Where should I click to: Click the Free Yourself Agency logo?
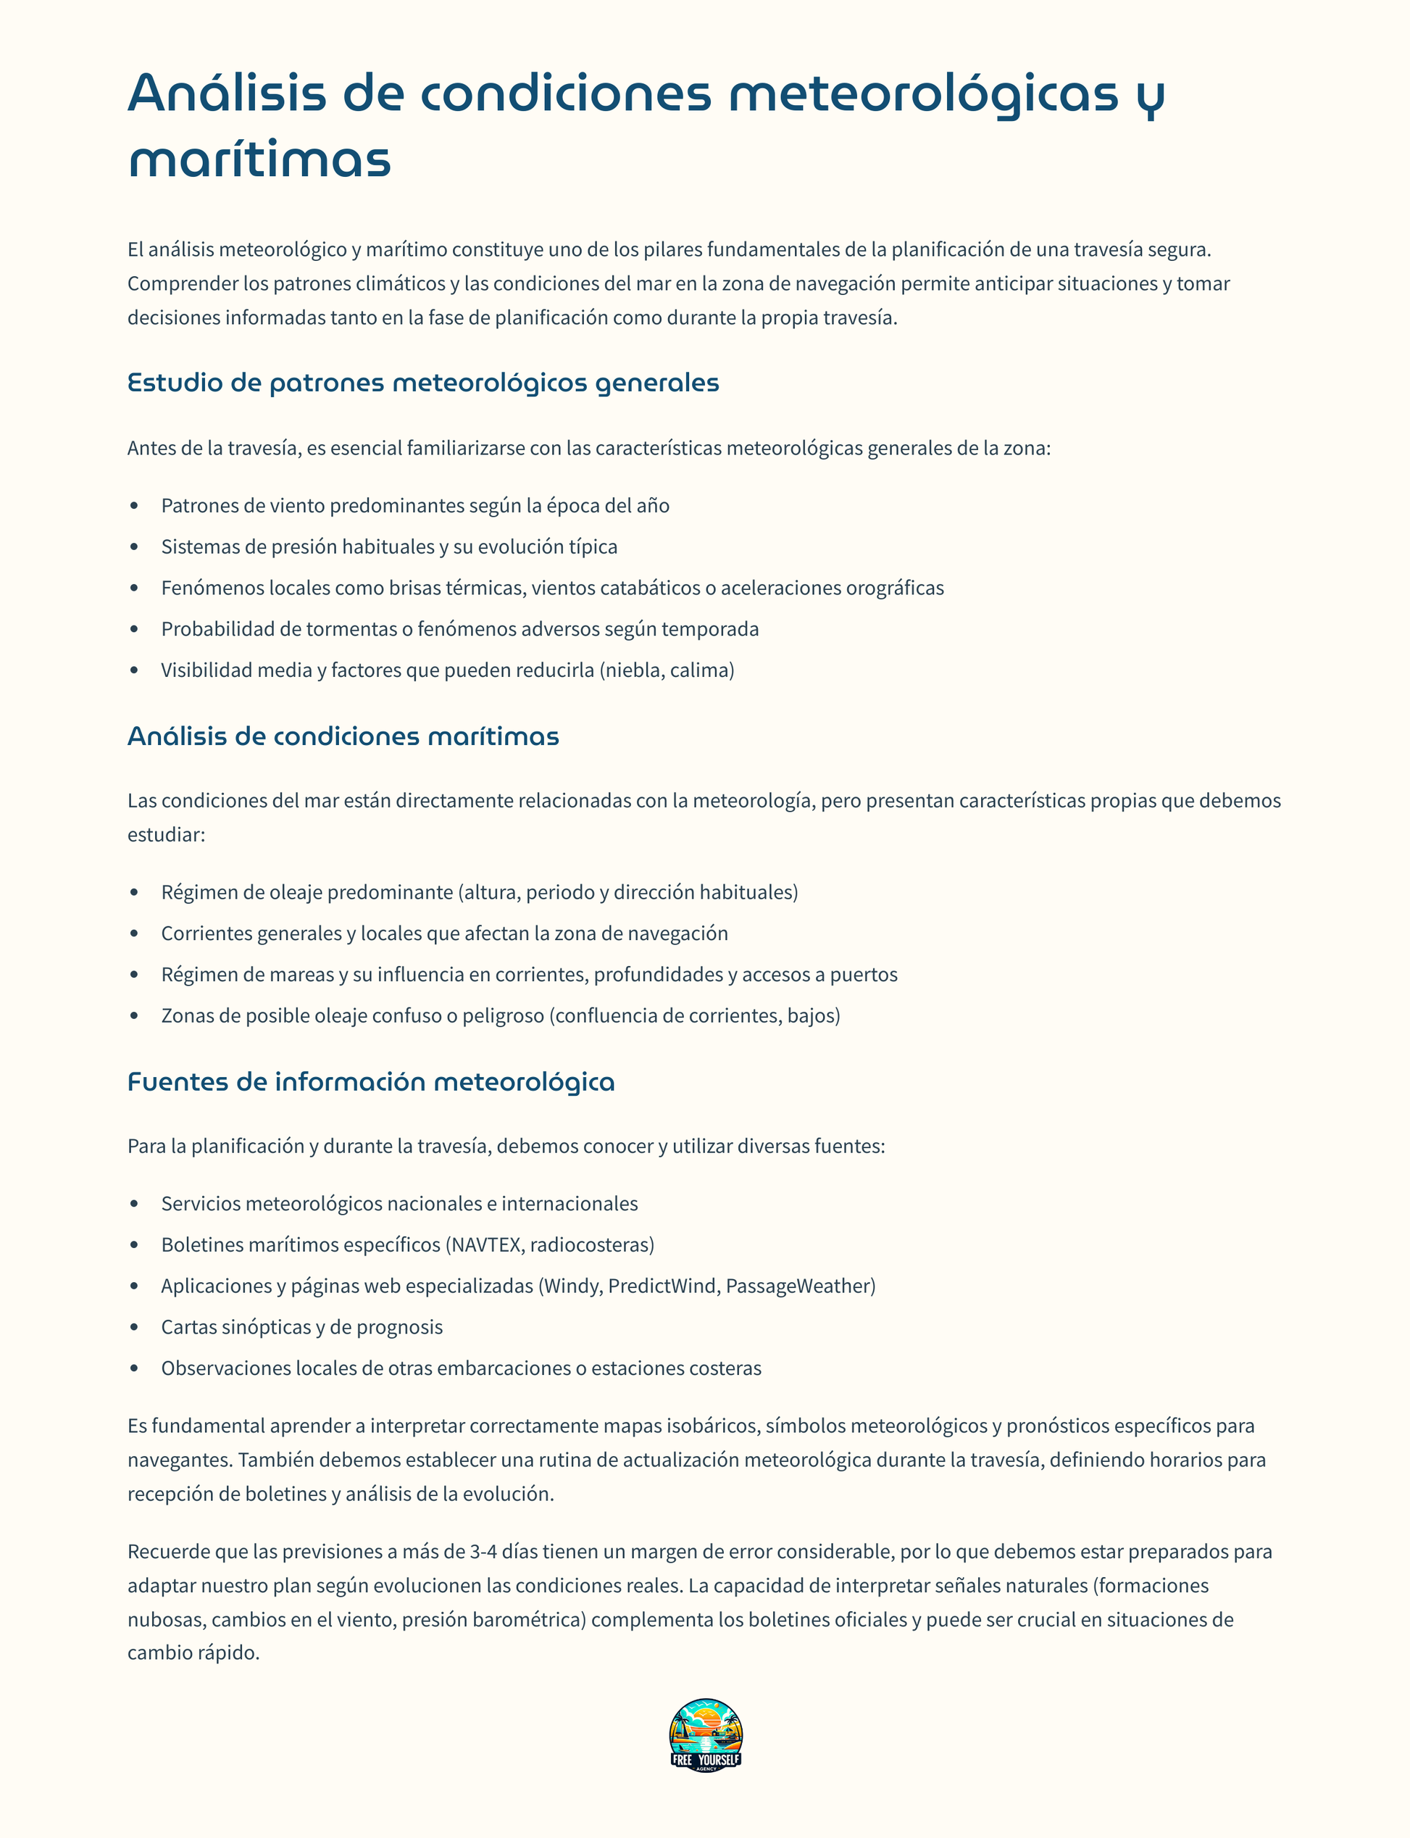tap(705, 1736)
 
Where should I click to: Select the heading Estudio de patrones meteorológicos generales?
tap(423, 383)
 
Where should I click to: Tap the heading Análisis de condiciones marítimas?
tap(343, 736)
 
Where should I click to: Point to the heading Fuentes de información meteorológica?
tap(370, 1082)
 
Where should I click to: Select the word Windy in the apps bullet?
tap(572, 1286)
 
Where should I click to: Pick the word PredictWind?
tap(663, 1286)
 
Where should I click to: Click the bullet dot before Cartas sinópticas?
tap(134, 1327)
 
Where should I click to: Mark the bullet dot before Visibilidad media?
tap(134, 670)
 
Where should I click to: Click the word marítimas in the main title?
tap(259, 159)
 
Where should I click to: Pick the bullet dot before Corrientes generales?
tap(134, 933)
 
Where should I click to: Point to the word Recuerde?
tap(169, 1552)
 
